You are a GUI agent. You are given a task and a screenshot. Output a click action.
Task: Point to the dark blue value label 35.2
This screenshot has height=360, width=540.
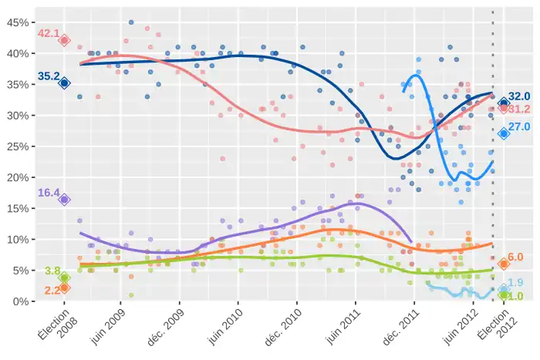tap(49, 76)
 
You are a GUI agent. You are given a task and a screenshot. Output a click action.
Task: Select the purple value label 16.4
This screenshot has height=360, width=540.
tap(49, 193)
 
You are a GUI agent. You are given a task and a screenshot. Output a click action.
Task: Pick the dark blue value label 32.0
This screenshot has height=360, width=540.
tap(519, 96)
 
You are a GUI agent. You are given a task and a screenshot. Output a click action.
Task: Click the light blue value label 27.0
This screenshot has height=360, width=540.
tap(519, 126)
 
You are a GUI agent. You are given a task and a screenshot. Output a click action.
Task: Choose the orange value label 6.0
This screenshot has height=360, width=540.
tap(515, 257)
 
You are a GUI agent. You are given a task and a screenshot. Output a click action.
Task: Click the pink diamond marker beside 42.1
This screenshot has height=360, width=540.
tap(65, 40)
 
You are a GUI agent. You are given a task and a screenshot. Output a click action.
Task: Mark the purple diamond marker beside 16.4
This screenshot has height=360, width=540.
tap(65, 199)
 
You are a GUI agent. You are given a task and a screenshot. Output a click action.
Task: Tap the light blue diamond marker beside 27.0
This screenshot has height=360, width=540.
tap(504, 133)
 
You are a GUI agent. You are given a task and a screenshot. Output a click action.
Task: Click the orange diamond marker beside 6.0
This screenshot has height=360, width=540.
tap(504, 264)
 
